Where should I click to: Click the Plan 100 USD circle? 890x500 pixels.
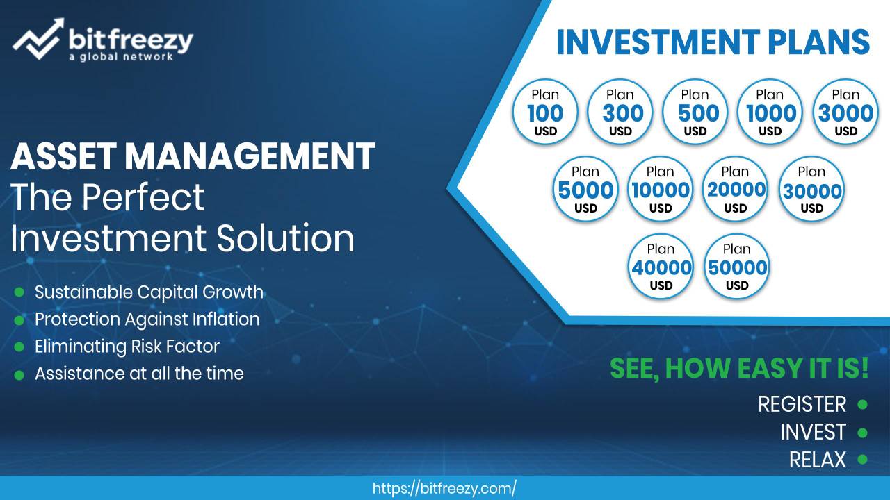click(544, 112)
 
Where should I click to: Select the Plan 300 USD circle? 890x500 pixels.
click(620, 112)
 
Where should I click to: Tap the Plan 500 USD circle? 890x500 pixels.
click(695, 112)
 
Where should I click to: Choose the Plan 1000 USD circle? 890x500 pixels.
click(770, 112)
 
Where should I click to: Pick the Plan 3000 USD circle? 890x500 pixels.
click(845, 112)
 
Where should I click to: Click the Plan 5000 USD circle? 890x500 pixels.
click(585, 188)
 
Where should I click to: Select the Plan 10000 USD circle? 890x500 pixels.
click(661, 188)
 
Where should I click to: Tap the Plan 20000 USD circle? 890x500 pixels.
click(736, 188)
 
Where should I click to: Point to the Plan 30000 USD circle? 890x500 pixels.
click(811, 188)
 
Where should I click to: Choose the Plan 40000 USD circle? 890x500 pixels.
click(661, 266)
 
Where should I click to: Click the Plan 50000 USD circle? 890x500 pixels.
click(736, 266)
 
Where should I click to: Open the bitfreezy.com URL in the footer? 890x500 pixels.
click(444, 488)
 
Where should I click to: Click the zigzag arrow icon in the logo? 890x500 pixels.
click(38, 38)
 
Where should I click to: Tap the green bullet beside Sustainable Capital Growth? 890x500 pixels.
click(19, 292)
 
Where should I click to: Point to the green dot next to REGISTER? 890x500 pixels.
click(862, 404)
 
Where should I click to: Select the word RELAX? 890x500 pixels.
click(818, 460)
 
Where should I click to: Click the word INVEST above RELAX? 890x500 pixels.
click(813, 432)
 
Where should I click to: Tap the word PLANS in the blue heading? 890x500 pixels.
click(819, 42)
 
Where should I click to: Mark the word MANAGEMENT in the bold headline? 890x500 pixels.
click(250, 156)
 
